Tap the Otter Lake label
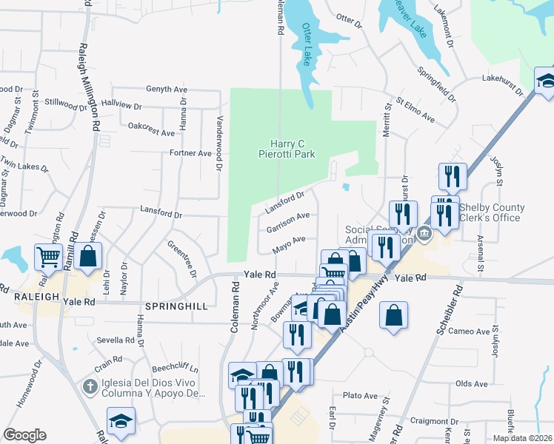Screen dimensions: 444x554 (309, 43)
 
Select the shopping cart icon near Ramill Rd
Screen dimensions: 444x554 (49, 258)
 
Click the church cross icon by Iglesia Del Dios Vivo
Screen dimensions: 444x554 (90, 386)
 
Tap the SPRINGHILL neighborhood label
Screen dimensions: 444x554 (173, 306)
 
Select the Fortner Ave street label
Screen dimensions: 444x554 (190, 153)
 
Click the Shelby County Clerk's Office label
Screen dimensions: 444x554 (492, 212)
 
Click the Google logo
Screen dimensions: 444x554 (24, 435)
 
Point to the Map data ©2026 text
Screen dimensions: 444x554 (522, 438)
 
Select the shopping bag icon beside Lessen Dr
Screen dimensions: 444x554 (87, 257)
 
